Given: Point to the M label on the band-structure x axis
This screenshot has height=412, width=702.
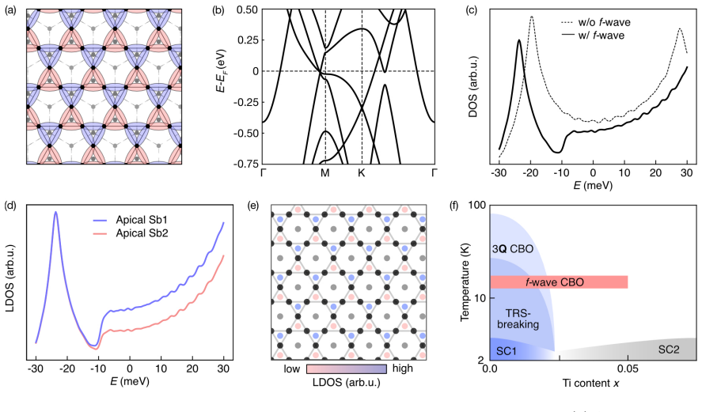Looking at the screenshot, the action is click(x=325, y=173).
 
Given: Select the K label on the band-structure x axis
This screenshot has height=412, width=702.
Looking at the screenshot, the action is click(x=362, y=173).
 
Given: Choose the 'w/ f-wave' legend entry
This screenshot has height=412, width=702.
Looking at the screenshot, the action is click(x=592, y=35).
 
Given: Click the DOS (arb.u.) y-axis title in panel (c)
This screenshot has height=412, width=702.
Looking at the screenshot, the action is click(x=472, y=87).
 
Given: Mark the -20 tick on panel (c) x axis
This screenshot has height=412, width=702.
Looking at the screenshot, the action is click(x=530, y=173).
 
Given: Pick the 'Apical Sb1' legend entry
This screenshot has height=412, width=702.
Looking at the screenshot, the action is click(x=130, y=220).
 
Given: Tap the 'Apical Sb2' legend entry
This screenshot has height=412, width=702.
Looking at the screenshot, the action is click(x=130, y=233).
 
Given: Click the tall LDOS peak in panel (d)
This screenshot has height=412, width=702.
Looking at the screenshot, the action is click(x=55, y=213).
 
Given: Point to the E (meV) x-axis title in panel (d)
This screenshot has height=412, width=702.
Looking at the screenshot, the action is click(x=129, y=382).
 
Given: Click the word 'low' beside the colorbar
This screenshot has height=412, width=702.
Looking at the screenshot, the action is click(x=292, y=369).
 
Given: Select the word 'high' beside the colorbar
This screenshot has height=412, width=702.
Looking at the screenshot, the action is click(x=403, y=369).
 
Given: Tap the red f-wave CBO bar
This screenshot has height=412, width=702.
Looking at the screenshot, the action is click(x=559, y=282).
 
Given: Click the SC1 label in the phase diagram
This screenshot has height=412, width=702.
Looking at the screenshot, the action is click(x=507, y=351).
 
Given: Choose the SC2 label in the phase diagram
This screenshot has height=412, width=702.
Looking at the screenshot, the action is click(x=669, y=350).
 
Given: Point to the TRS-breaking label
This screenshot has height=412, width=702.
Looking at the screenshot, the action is click(x=518, y=319).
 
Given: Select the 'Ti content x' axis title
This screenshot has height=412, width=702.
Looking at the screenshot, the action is click(x=591, y=383).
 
